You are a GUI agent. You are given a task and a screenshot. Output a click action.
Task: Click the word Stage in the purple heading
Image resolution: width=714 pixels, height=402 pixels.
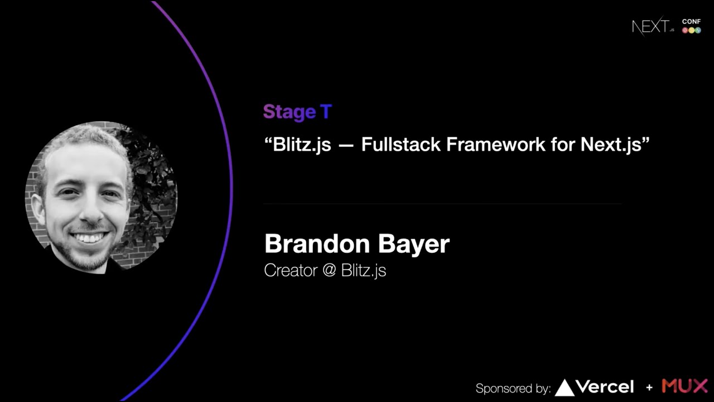click(289, 112)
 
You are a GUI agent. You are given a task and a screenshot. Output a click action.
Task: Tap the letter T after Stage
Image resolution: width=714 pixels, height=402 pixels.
click(326, 112)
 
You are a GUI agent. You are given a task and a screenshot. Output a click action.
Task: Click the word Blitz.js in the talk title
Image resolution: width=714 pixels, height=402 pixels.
click(301, 145)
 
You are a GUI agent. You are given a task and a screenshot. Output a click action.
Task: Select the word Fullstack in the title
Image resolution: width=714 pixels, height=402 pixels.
click(401, 145)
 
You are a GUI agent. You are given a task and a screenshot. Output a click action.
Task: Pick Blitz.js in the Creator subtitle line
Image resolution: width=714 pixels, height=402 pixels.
click(363, 270)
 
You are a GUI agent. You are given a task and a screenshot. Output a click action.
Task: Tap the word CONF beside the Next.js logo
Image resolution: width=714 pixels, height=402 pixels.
click(691, 21)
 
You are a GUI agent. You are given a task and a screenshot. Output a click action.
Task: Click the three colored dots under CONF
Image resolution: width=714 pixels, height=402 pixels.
click(691, 30)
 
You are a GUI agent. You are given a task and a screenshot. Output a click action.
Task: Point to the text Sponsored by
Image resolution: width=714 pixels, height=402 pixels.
click(513, 389)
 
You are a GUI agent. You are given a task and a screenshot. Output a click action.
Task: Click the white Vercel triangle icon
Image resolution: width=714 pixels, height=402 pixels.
click(565, 387)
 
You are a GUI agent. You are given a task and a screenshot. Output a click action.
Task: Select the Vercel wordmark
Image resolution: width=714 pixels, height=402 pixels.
click(605, 387)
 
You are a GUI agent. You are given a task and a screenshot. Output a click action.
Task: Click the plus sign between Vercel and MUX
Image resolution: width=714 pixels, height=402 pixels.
click(649, 387)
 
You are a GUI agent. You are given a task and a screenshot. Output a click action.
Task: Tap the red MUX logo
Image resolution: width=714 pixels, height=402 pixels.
click(684, 386)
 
